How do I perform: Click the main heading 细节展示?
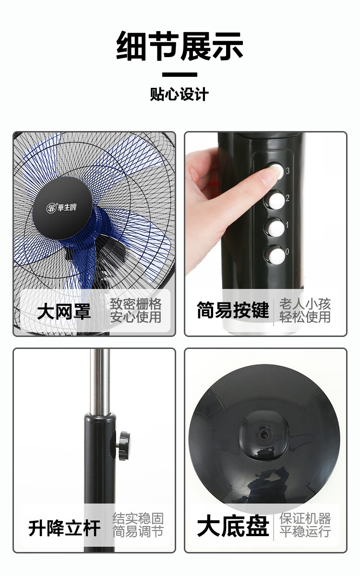click(x=180, y=46)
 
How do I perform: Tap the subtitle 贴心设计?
click(x=179, y=94)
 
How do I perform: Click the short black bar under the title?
click(x=180, y=75)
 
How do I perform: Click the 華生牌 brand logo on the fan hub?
click(x=62, y=207)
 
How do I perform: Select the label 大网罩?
click(x=64, y=312)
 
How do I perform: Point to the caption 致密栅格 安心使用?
click(x=135, y=311)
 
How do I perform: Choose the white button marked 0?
click(x=276, y=255)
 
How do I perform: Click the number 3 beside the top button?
click(x=288, y=170)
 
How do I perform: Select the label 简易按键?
click(x=233, y=310)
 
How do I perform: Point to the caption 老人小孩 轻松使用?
click(x=305, y=311)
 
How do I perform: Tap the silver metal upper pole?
click(x=100, y=381)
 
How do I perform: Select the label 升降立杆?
click(x=64, y=528)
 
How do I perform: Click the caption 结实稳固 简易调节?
click(x=138, y=525)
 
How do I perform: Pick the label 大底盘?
click(x=233, y=526)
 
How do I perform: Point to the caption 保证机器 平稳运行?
click(x=305, y=525)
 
